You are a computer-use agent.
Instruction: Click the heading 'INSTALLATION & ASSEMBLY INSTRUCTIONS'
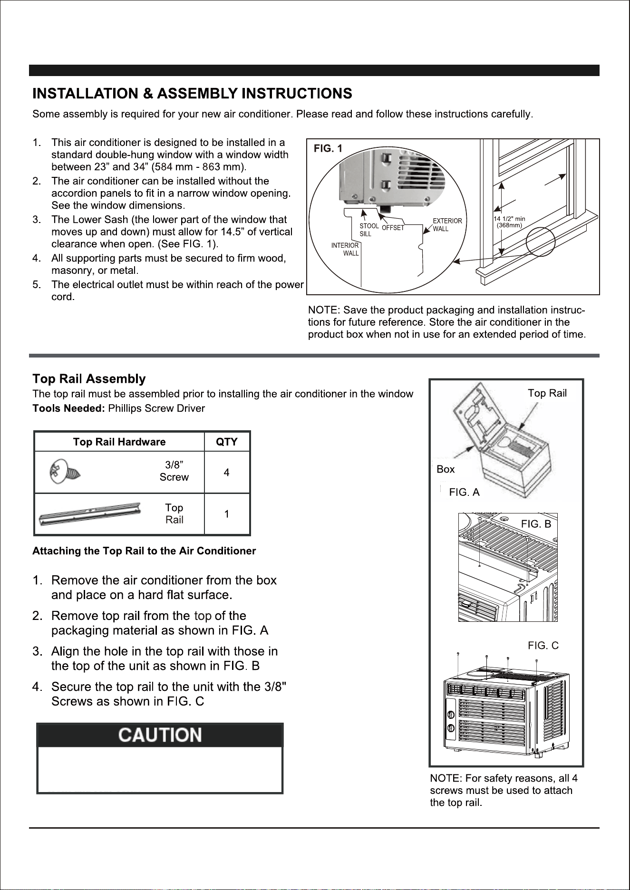click(192, 93)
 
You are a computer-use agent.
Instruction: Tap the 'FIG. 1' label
click(328, 149)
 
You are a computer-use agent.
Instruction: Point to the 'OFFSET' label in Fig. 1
click(393, 228)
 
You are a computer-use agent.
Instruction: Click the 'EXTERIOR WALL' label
click(447, 225)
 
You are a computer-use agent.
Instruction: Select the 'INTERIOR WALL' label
click(345, 250)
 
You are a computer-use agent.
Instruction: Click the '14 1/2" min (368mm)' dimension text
click(509, 222)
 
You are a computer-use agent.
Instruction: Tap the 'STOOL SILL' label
click(368, 230)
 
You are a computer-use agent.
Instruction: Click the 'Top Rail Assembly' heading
click(89, 379)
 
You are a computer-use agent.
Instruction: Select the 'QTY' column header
click(227, 442)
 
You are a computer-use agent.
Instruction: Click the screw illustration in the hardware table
click(65, 472)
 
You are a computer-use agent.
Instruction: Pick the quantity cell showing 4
click(227, 473)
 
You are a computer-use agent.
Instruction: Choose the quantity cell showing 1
click(227, 514)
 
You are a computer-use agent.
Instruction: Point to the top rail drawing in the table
click(90, 514)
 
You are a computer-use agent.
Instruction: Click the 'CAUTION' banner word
click(160, 735)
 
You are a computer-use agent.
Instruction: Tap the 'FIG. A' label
click(465, 493)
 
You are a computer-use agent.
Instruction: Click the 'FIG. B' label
click(536, 524)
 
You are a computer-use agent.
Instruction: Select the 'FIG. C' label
click(543, 645)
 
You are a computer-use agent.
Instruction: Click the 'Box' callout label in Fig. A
click(446, 469)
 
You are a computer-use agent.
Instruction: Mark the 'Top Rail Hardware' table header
click(119, 442)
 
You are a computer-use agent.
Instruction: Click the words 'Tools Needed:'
click(68, 408)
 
